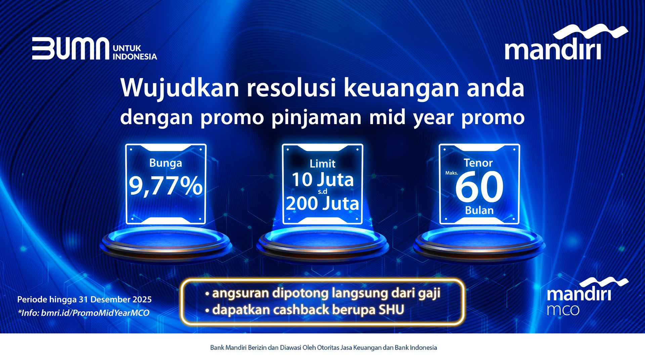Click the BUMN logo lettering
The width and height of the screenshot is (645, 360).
coord(71,49)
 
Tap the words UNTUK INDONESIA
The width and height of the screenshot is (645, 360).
coord(135,52)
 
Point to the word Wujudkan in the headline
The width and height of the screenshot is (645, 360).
coord(180,88)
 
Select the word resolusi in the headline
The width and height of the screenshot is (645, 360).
coord(291,88)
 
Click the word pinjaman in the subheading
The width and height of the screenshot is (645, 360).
coord(316,118)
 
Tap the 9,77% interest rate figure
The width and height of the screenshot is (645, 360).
coord(166,186)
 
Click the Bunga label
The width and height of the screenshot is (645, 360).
coord(166,163)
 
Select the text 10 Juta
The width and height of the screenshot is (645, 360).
coord(322,179)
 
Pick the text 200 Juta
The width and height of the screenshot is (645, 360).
coord(322,203)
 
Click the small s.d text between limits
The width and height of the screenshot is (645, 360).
coord(322,192)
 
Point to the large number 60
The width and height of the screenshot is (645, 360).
coord(479,187)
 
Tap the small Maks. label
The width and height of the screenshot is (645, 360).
coord(451,173)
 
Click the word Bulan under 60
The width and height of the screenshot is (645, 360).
coord(479,210)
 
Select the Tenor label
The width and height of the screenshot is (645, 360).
coord(478,163)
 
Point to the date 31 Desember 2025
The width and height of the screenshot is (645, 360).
coord(115,299)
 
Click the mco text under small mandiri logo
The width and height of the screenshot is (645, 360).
coord(563,310)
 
